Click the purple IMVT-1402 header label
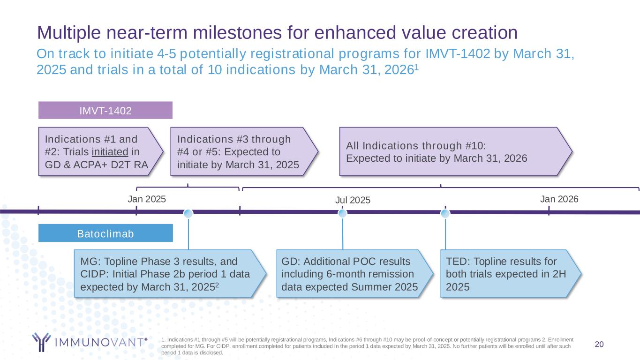click(x=105, y=110)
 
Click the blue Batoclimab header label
click(x=105, y=233)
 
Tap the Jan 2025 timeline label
click(x=147, y=199)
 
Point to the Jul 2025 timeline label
click(x=353, y=200)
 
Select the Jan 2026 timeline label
click(x=559, y=199)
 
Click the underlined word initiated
click(x=110, y=152)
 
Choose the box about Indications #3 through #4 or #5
click(x=244, y=151)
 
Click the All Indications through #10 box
click(x=456, y=151)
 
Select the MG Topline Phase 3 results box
click(x=170, y=274)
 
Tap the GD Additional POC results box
click(x=354, y=274)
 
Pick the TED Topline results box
click(x=511, y=274)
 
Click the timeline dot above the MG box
click(x=188, y=213)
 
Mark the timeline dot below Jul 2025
click(x=342, y=213)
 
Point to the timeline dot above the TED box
click(x=445, y=213)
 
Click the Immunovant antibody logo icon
click(x=41, y=342)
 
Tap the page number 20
click(x=599, y=344)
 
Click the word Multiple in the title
click(x=69, y=32)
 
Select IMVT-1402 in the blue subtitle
click(x=458, y=54)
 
